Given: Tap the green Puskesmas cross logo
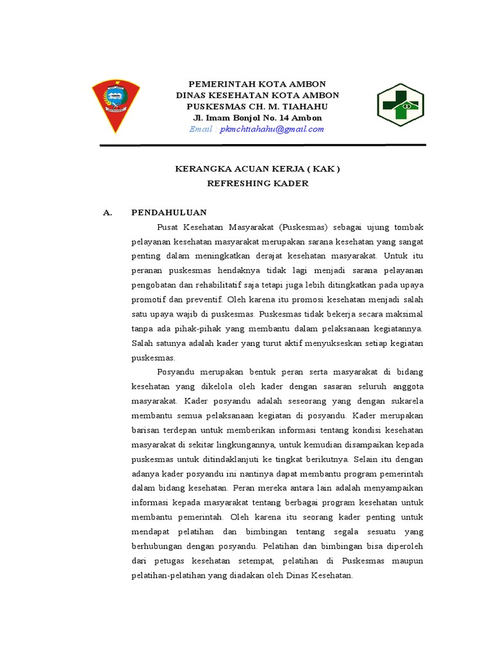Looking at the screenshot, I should (399, 106).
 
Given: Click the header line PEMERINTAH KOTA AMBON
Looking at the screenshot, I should (258, 85).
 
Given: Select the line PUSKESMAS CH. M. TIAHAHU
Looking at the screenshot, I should (258, 106).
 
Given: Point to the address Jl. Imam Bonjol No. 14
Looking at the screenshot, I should (258, 118).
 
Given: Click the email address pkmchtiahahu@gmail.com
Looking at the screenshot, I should (272, 129).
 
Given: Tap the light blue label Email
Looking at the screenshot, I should (202, 129).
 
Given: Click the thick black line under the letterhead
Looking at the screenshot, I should (263, 145).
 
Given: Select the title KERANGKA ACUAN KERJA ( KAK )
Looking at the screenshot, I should (258, 169).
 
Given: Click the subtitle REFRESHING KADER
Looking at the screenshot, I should (258, 184).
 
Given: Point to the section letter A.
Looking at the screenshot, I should (107, 212).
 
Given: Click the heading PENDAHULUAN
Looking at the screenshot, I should (169, 212).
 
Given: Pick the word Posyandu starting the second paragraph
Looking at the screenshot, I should (175, 372).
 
